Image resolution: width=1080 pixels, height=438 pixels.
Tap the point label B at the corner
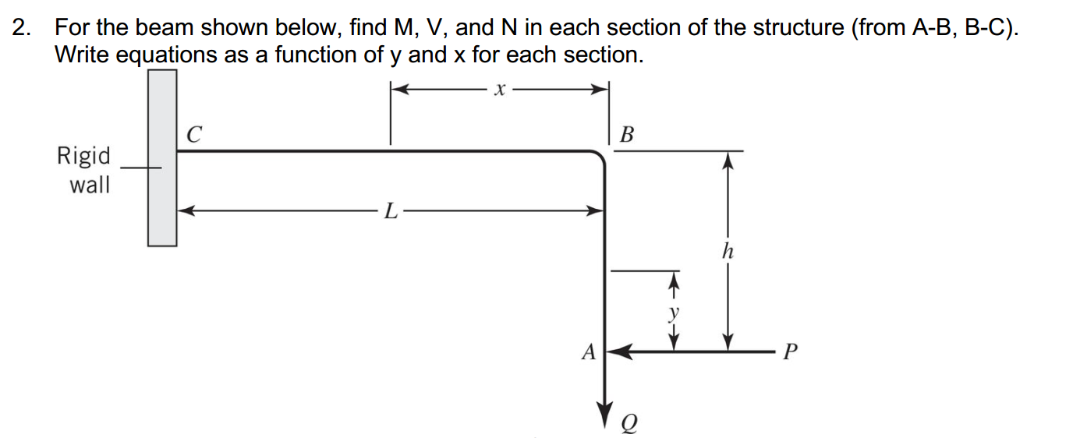click(x=626, y=135)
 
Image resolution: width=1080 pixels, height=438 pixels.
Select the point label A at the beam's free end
click(x=588, y=353)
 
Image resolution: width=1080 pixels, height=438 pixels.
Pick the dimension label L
click(x=391, y=210)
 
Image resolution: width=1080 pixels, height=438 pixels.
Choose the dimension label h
click(x=728, y=251)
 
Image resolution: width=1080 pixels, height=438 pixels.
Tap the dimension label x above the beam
click(x=500, y=90)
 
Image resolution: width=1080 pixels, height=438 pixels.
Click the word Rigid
click(x=83, y=156)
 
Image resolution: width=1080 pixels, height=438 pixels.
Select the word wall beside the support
click(x=90, y=185)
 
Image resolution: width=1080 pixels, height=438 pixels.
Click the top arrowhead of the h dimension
click(x=728, y=160)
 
